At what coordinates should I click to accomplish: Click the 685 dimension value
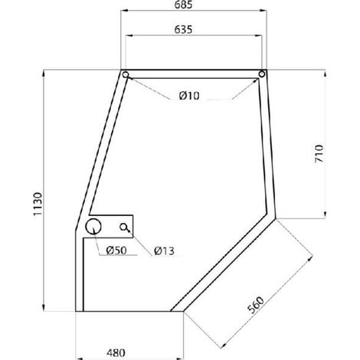(x=183, y=5)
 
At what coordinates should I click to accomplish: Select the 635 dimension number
(x=183, y=30)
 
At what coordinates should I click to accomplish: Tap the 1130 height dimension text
(x=38, y=204)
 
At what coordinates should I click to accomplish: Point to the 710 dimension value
(x=319, y=153)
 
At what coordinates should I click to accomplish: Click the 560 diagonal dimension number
(x=256, y=305)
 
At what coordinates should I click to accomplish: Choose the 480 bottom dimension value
(x=116, y=353)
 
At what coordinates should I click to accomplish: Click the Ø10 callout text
(x=189, y=96)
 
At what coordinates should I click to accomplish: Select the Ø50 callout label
(x=116, y=250)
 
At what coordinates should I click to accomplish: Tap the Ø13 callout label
(x=164, y=251)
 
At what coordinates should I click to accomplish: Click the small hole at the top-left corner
(x=126, y=74)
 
